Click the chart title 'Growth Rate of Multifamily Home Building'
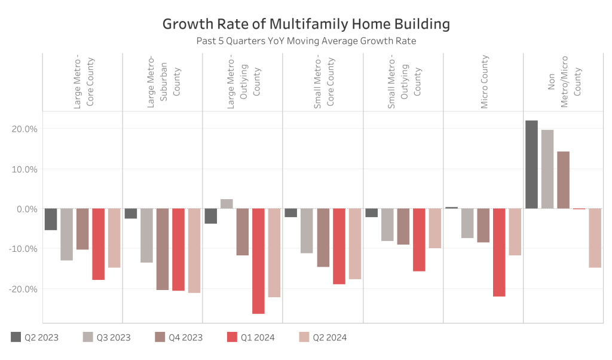(x=306, y=25)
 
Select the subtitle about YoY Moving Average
(x=306, y=41)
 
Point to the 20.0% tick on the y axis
(x=25, y=129)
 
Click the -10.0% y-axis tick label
(x=23, y=249)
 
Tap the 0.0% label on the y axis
(x=26, y=209)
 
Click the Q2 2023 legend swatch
(x=16, y=337)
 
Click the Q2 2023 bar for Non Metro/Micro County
(x=531, y=164)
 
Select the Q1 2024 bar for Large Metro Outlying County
(x=258, y=261)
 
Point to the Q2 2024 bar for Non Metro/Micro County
(x=595, y=238)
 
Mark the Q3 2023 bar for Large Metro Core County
(x=66, y=234)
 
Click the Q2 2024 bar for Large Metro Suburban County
(x=194, y=251)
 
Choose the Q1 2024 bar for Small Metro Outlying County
(x=419, y=240)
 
